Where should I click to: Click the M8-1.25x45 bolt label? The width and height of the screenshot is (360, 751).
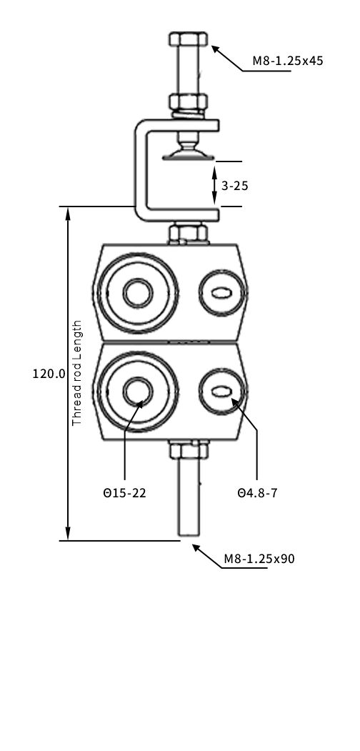tap(288, 61)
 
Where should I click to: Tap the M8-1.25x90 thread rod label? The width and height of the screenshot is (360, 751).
tap(259, 559)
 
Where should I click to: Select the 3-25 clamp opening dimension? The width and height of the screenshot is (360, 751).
tap(234, 185)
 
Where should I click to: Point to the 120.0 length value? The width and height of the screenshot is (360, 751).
tap(49, 374)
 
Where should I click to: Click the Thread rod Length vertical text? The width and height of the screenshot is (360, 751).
tap(77, 373)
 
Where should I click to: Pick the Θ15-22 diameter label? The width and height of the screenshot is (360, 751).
tap(124, 493)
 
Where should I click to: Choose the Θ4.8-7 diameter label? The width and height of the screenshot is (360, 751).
tap(257, 493)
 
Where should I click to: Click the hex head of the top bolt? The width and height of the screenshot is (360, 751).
tap(188, 39)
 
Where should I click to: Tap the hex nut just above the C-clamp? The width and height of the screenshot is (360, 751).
tap(188, 101)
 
